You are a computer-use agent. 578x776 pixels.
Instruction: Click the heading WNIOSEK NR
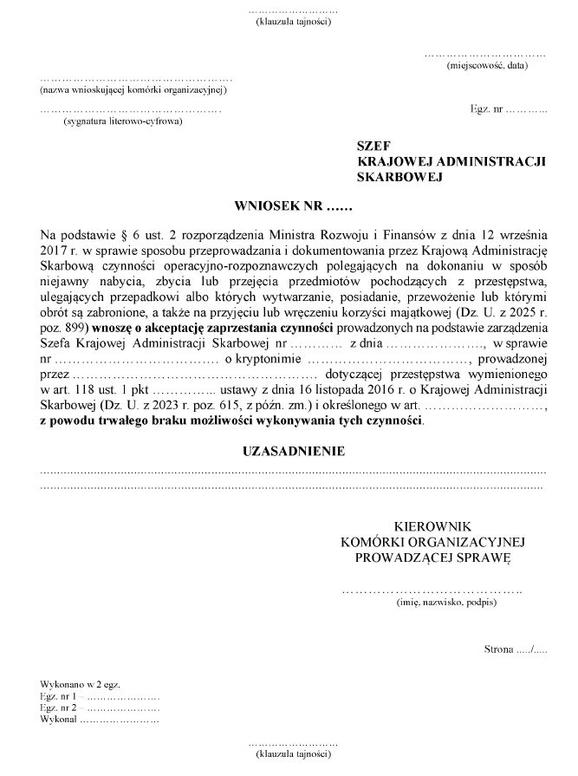coord(293,208)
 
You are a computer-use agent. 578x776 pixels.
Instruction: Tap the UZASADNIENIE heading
coord(293,452)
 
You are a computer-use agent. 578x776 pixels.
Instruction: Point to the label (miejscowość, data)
coord(487,66)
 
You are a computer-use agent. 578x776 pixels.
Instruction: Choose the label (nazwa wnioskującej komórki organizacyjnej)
coord(133,90)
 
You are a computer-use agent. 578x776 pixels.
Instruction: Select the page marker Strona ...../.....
coord(516,649)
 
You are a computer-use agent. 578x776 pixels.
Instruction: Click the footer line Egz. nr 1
coord(61,696)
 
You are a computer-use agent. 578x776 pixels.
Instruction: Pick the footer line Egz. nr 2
coord(61,708)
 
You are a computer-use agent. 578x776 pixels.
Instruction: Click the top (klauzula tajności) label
coord(293,22)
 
